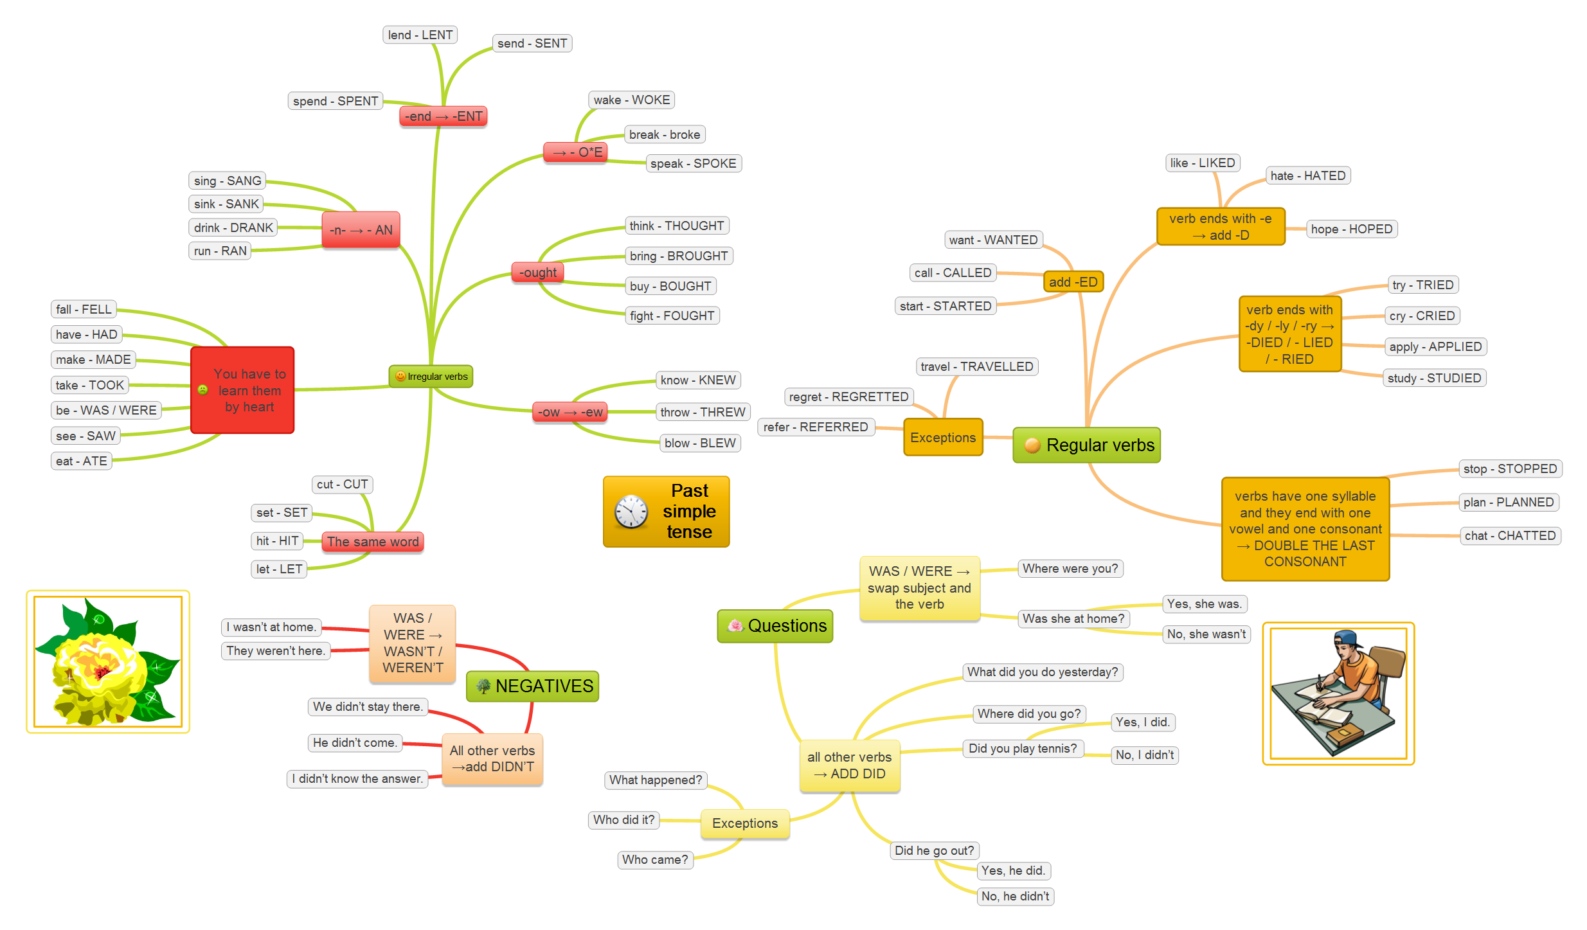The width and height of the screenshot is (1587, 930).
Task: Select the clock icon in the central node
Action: pyautogui.click(x=631, y=512)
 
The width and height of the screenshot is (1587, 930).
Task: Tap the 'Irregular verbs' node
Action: pyautogui.click(x=431, y=377)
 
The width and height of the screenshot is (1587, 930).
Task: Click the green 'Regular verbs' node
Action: pyautogui.click(x=1087, y=445)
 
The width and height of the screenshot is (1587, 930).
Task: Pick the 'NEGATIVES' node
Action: pyautogui.click(x=533, y=686)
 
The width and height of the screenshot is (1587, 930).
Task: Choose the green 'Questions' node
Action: pyautogui.click(x=775, y=626)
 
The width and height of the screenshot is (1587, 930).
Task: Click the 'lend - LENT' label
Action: pyautogui.click(x=420, y=35)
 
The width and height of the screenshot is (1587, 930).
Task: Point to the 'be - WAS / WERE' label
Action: pyautogui.click(x=106, y=410)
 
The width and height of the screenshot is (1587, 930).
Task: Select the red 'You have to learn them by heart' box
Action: pyautogui.click(x=243, y=390)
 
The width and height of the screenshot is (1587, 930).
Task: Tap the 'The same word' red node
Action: pyautogui.click(x=373, y=541)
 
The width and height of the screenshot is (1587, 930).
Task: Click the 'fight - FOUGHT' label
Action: pyautogui.click(x=672, y=316)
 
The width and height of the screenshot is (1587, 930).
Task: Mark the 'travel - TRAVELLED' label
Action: pyautogui.click(x=976, y=366)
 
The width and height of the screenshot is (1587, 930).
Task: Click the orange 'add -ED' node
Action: pyautogui.click(x=1073, y=282)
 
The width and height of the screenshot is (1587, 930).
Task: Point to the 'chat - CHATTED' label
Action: pyautogui.click(x=1509, y=535)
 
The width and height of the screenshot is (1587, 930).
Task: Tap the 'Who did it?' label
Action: pyautogui.click(x=623, y=819)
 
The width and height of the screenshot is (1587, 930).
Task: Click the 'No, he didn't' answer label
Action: pyautogui.click(x=1015, y=896)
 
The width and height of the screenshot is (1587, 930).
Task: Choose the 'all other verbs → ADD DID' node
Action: pyautogui.click(x=849, y=765)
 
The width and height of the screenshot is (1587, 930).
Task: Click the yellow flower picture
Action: pyautogui.click(x=107, y=662)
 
